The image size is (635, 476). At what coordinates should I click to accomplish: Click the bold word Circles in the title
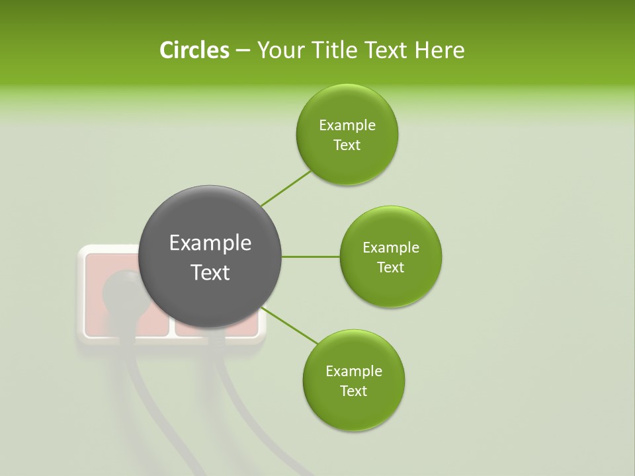pyautogui.click(x=194, y=50)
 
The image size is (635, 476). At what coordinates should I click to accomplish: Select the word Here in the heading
pyautogui.click(x=439, y=50)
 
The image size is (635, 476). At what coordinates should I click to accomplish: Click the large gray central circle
pyautogui.click(x=210, y=257)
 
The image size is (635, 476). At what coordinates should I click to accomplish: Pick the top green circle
pyautogui.click(x=347, y=134)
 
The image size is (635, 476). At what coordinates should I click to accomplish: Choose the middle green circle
pyautogui.click(x=390, y=257)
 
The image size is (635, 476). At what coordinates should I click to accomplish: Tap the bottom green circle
pyautogui.click(x=353, y=380)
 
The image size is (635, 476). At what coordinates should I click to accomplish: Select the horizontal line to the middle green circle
pyautogui.click(x=310, y=257)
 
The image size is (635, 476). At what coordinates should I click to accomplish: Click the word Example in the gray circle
pyautogui.click(x=210, y=243)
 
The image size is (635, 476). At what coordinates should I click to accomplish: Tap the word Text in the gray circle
pyautogui.click(x=210, y=272)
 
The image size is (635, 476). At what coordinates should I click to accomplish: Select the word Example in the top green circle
pyautogui.click(x=347, y=125)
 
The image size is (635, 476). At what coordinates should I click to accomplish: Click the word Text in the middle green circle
pyautogui.click(x=390, y=267)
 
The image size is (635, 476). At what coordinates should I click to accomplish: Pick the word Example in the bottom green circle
pyautogui.click(x=353, y=371)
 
